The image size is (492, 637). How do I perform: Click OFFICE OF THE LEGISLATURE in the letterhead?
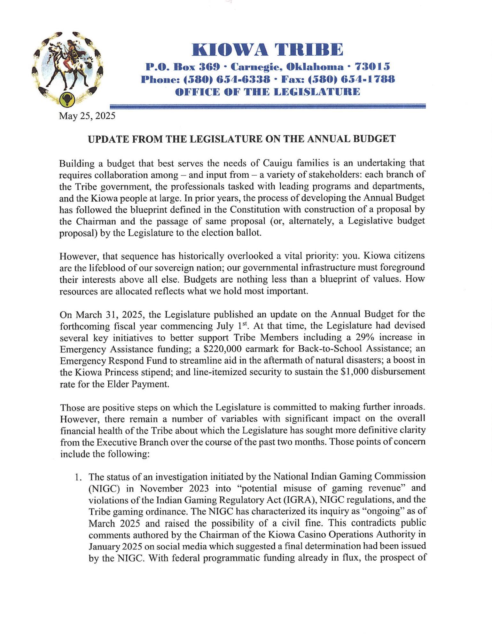pos(268,92)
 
